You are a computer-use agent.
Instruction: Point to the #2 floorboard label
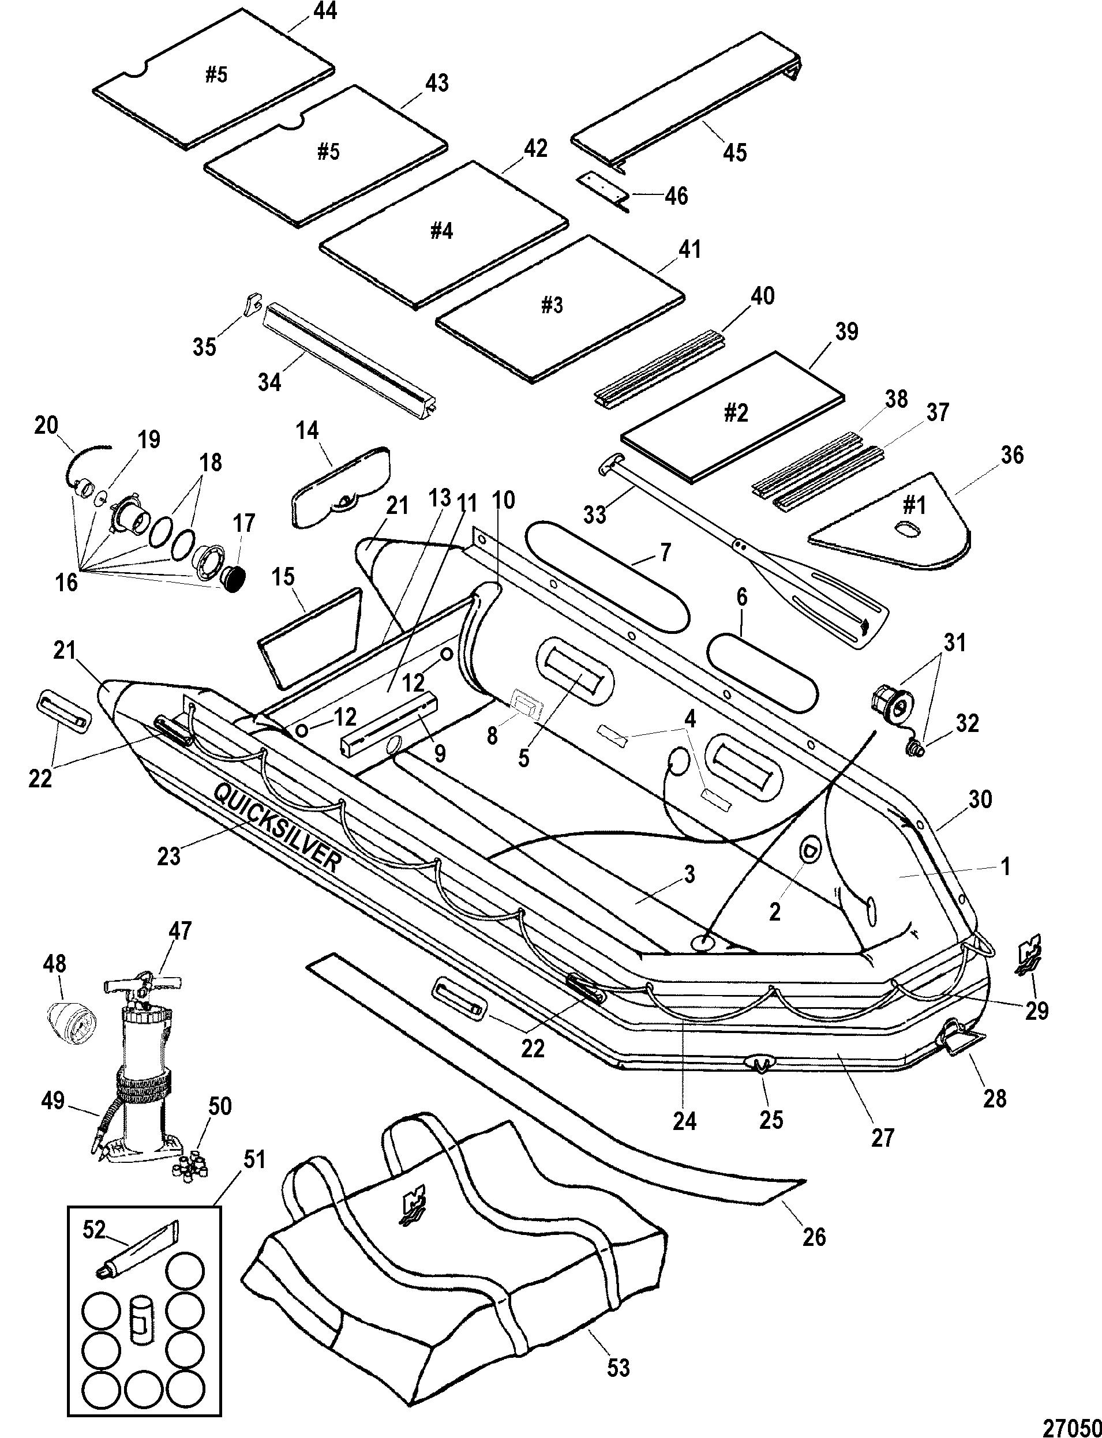[734, 413]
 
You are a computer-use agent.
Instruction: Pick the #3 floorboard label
[552, 305]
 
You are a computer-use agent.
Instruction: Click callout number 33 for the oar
[595, 515]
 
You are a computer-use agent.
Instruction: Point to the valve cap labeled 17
[234, 579]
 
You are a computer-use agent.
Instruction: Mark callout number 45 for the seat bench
[734, 152]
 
